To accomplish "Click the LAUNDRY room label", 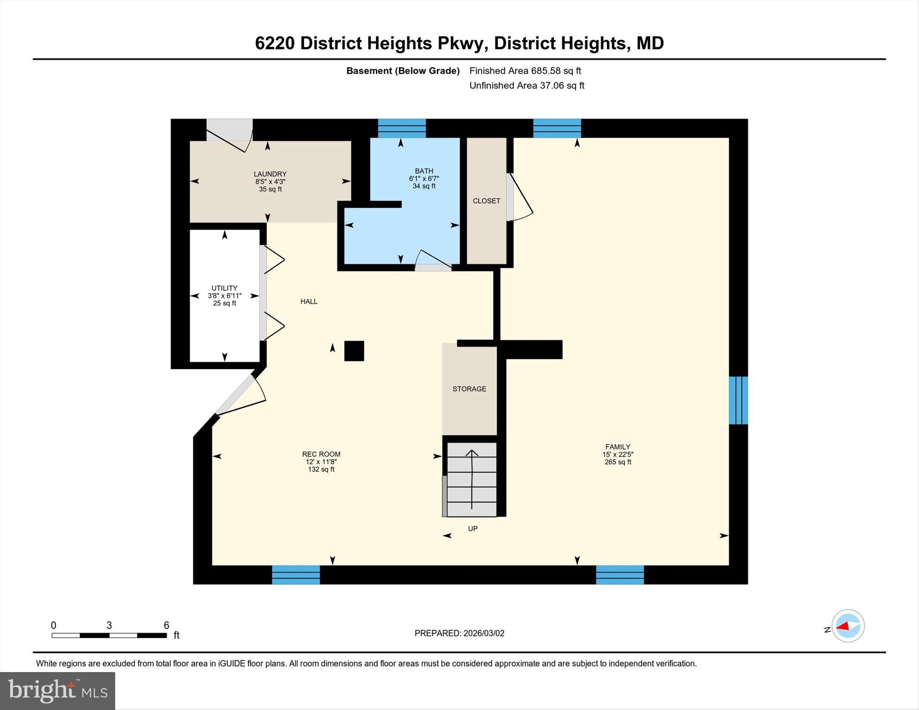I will tap(270, 174).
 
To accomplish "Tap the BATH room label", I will tap(424, 171).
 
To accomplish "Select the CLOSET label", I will tap(486, 201).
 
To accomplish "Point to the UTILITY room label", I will tap(224, 288).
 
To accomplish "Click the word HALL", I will tap(309, 302).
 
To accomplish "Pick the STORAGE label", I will tap(469, 389).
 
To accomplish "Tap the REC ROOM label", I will tap(321, 454).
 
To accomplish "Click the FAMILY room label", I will tap(617, 447).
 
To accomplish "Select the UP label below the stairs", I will tap(472, 529).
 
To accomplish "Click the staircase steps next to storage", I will tap(471, 479).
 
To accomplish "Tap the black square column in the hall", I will tap(354, 351).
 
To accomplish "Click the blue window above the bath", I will tap(401, 128).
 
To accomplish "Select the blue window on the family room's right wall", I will tap(738, 400).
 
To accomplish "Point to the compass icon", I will tap(847, 626).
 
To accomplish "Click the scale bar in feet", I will tap(109, 635).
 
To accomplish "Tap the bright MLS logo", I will tap(57, 691).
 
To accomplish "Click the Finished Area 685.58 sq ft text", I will tap(525, 71).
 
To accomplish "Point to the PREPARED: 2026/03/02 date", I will tap(459, 633).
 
